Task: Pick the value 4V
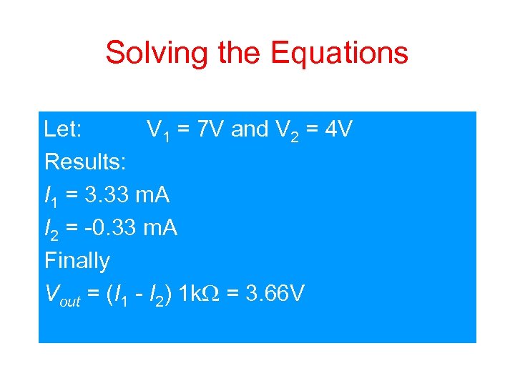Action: [337, 130]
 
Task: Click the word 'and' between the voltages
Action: [249, 130]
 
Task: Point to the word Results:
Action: [85, 162]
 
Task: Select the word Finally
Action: [77, 260]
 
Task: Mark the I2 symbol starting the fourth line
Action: [50, 229]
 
